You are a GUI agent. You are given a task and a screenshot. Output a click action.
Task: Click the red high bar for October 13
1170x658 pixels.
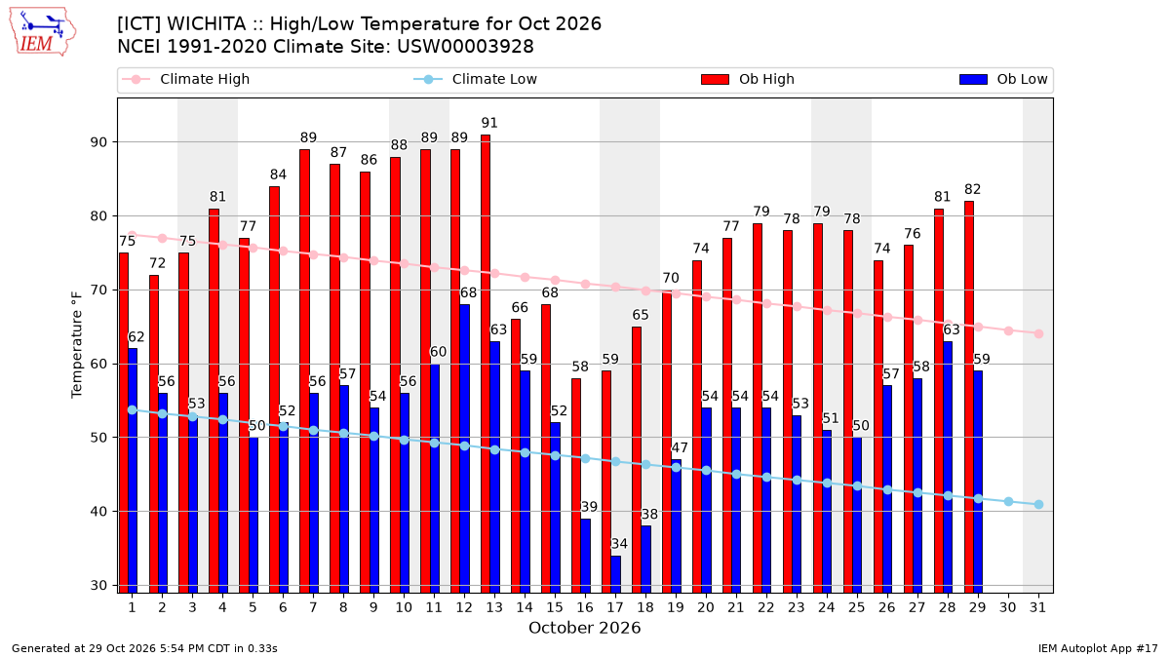(486, 364)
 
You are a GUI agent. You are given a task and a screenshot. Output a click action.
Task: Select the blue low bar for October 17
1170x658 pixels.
(616, 574)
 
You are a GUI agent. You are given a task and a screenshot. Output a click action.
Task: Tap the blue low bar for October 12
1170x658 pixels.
(464, 448)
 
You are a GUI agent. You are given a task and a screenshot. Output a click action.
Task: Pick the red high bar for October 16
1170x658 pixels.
(576, 485)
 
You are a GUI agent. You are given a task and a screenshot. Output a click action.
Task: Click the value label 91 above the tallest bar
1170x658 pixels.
(489, 123)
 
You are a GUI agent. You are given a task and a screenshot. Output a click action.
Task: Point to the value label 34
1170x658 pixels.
(619, 544)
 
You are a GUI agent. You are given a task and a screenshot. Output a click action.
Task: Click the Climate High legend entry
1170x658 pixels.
(185, 79)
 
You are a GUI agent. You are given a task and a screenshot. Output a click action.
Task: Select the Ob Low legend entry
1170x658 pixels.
(1003, 79)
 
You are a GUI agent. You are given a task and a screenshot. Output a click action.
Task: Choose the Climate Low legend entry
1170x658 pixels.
(475, 79)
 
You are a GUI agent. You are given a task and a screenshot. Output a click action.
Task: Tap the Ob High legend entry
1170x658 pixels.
(748, 79)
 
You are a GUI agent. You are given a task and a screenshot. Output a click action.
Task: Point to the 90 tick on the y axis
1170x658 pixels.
(98, 142)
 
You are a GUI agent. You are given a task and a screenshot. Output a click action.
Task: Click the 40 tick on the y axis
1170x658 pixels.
(98, 512)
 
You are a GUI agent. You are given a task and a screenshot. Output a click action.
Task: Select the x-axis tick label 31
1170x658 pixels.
(1037, 607)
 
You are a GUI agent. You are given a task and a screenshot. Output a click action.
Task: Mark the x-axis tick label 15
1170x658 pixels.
(555, 607)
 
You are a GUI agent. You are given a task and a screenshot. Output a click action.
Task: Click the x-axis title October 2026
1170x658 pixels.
(584, 628)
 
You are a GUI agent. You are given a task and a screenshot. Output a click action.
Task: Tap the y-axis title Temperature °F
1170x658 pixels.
(77, 345)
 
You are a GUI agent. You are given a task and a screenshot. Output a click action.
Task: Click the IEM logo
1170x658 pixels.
(43, 32)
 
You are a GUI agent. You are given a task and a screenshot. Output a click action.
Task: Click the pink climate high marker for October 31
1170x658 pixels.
(1039, 333)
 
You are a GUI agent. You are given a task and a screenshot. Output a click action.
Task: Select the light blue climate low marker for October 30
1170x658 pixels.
(1008, 501)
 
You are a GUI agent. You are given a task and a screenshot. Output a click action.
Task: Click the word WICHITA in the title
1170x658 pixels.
(207, 24)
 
